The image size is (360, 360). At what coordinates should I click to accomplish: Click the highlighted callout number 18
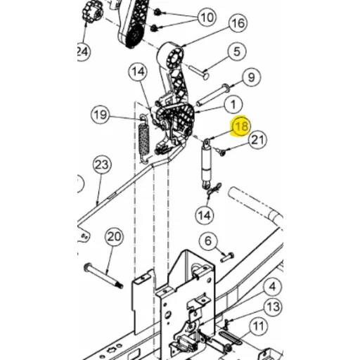(242, 127)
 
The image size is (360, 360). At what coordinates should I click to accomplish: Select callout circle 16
(238, 23)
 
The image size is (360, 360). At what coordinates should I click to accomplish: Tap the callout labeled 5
(237, 51)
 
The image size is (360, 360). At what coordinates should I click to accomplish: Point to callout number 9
(251, 77)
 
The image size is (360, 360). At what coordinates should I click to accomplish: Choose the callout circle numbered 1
(233, 105)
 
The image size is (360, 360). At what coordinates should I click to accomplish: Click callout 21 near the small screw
(257, 140)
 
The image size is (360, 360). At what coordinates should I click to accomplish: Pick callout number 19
(101, 115)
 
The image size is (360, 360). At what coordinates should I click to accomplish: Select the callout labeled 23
(102, 165)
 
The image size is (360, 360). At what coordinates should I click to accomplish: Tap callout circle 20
(114, 237)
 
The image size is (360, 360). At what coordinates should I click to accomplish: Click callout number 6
(208, 241)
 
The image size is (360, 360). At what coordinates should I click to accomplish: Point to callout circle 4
(272, 286)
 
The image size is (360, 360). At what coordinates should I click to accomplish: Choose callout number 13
(273, 307)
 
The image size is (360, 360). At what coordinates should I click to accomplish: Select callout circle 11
(258, 326)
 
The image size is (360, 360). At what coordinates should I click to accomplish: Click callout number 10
(207, 18)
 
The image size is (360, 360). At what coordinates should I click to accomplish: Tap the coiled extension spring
(144, 139)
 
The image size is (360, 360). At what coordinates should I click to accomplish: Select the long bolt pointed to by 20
(103, 276)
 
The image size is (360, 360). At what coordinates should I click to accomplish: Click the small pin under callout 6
(227, 257)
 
